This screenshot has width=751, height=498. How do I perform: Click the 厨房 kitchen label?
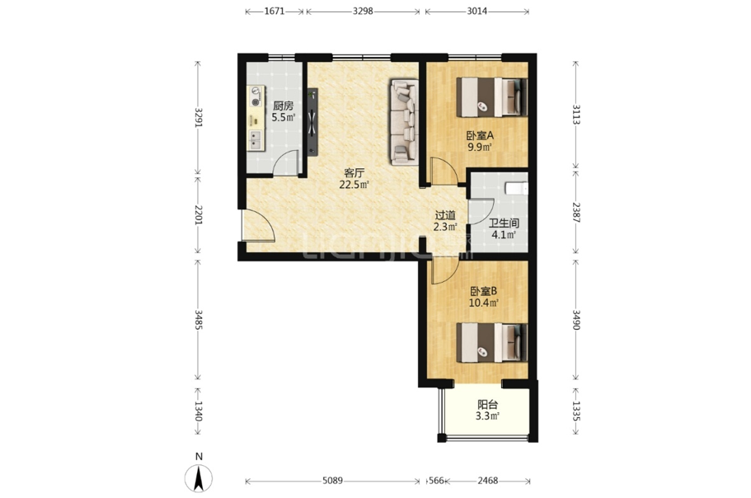click(x=283, y=106)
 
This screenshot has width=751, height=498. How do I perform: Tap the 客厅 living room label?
click(x=354, y=173)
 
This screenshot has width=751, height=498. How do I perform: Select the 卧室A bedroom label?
click(x=480, y=135)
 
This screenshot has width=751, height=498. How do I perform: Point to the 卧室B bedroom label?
click(x=484, y=291)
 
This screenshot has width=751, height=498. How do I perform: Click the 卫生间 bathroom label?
click(x=504, y=223)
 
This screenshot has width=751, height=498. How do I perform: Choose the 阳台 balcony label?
click(x=487, y=405)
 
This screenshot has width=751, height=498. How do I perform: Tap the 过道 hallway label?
click(x=445, y=216)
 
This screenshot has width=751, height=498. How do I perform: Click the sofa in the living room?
click(x=405, y=122)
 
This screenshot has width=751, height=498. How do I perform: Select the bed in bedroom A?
click(x=491, y=97)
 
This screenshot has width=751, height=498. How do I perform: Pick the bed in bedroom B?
click(x=491, y=343)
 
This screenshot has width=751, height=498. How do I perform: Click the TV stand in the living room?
click(x=312, y=122)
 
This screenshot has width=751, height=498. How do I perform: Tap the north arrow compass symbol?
click(x=199, y=478)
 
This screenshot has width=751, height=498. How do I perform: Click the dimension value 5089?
click(x=332, y=481)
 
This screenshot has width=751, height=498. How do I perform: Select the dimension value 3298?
click(x=363, y=11)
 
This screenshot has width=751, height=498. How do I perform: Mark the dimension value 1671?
click(x=275, y=11)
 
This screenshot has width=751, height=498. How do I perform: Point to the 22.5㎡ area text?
click(x=354, y=185)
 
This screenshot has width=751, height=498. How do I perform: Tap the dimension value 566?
click(x=436, y=481)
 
